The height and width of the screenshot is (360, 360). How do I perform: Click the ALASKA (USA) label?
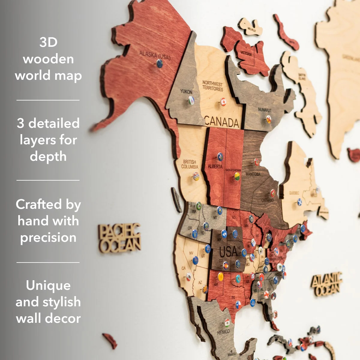tap(155, 55)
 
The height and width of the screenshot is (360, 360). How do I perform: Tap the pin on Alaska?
tap(160, 63)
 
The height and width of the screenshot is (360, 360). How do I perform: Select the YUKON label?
tap(186, 91)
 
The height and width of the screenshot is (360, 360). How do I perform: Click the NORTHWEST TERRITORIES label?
tap(212, 86)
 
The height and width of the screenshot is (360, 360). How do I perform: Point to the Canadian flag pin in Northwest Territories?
tap(223, 102)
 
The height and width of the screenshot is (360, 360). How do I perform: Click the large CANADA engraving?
tap(222, 122)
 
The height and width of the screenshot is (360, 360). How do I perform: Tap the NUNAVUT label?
tap(264, 110)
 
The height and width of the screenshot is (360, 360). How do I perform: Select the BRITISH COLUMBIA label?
tap(190, 164)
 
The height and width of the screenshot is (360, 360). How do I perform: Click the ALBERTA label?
tap(215, 166)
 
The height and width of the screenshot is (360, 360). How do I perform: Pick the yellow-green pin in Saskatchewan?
tap(237, 176)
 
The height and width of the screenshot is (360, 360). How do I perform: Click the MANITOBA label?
tap(253, 174)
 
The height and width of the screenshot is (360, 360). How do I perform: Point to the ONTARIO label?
tap(267, 200)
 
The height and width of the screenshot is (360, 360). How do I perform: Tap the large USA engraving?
tap(228, 251)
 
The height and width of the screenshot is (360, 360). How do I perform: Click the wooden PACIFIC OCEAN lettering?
tap(119, 238)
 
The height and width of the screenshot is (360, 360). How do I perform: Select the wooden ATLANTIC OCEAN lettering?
tap(326, 284)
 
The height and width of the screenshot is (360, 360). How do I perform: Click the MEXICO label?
tap(223, 332)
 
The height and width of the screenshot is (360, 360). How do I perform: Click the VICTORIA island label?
tap(246, 53)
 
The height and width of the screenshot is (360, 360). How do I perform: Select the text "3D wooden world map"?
tap(48, 59)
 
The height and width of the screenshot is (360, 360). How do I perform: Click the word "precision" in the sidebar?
tap(48, 238)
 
